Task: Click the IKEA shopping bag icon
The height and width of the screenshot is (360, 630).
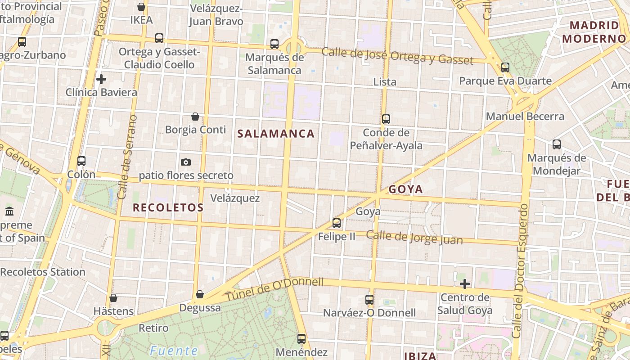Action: coord(141,7)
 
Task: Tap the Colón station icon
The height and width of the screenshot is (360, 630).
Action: coord(81,161)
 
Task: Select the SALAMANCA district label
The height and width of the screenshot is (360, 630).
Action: coord(276,134)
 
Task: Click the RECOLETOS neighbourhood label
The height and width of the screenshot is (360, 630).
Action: coord(168,207)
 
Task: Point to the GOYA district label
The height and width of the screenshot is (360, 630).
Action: coord(405,189)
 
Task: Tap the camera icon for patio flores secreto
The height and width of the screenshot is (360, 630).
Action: coord(186,162)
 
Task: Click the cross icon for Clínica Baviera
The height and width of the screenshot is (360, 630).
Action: coord(101,79)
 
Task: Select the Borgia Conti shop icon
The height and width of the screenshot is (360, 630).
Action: coord(195,117)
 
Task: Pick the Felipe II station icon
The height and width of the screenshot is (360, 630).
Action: coord(337,223)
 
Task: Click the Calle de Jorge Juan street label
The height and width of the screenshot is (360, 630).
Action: coord(414,237)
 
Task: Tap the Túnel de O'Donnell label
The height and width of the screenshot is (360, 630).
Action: coord(274,289)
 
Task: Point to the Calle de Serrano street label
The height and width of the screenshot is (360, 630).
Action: coord(126,157)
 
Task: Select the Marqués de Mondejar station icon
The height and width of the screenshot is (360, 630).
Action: coord(557,144)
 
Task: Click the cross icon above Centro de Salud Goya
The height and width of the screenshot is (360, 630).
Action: coord(465,284)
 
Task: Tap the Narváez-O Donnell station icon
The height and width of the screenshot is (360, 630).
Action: coord(369,299)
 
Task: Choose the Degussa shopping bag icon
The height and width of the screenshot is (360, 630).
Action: coord(200,294)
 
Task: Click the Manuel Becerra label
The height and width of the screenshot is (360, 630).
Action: coord(525,117)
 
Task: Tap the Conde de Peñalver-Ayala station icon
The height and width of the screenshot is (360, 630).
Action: coord(386,119)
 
